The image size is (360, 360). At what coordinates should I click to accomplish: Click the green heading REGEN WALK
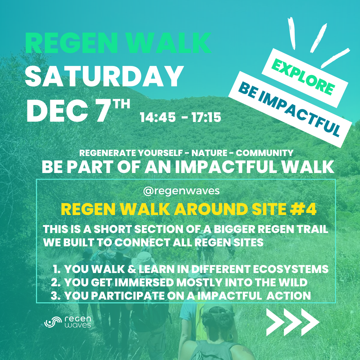tap(118, 43)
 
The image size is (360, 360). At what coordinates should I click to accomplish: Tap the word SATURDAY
tap(104, 76)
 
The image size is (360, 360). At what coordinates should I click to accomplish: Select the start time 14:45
tap(158, 117)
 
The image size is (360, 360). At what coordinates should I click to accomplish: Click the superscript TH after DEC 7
tap(122, 104)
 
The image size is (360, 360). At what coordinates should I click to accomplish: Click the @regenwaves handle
tap(181, 191)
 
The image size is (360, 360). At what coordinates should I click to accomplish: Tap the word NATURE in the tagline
tap(209, 153)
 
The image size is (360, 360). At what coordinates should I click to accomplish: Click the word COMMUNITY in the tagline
tap(264, 153)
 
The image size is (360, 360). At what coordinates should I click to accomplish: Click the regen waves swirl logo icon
tap(53, 322)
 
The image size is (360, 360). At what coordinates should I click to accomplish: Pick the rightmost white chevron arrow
tap(310, 322)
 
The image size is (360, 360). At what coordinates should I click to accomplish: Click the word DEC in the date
tap(57, 111)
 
